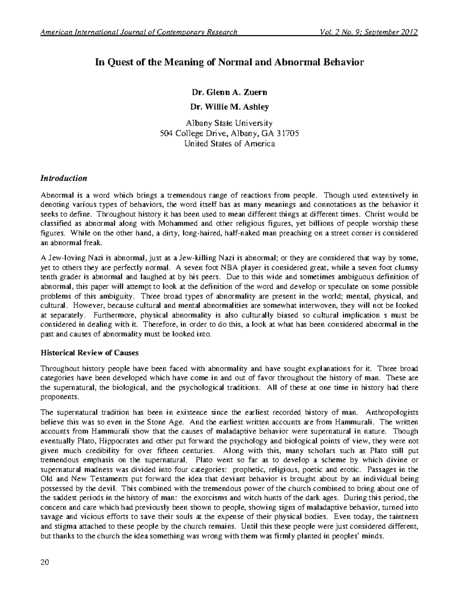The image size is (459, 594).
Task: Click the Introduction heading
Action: click(64, 178)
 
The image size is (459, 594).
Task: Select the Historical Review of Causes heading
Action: click(90, 352)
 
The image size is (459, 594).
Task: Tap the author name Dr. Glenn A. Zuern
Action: click(229, 92)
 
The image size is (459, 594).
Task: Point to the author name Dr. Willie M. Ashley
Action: click(229, 107)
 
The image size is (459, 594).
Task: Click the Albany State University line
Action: click(229, 124)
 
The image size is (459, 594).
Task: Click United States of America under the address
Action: click(229, 144)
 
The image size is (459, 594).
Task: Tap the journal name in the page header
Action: click(139, 32)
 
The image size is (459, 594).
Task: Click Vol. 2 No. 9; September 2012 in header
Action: click(369, 32)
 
